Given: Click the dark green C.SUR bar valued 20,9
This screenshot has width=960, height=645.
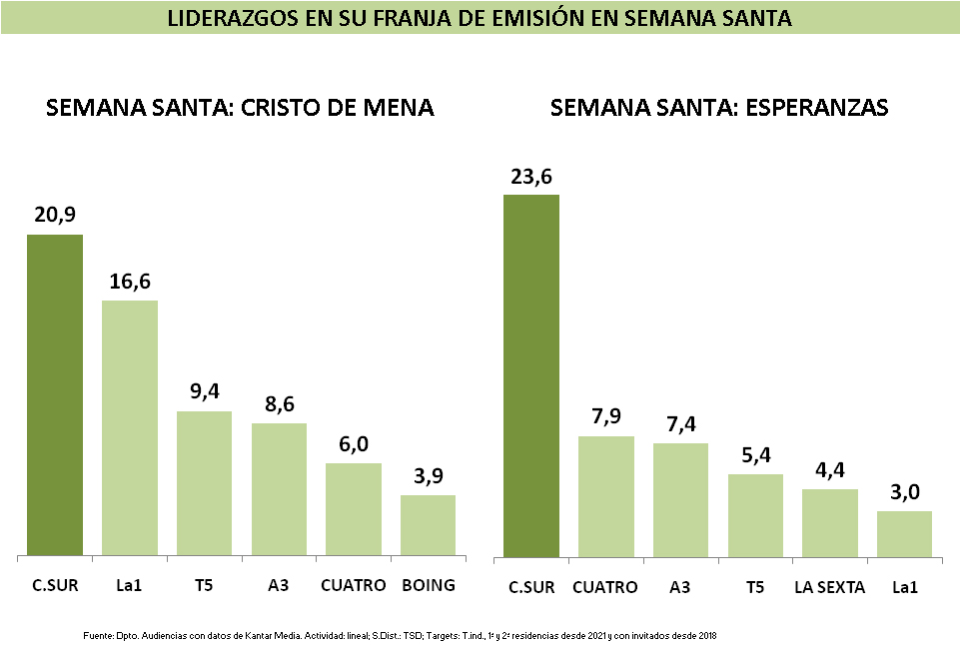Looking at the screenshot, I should (55, 394).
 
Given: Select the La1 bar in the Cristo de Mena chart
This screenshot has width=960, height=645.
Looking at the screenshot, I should (130, 427).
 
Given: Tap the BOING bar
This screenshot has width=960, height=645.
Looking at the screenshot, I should (428, 525).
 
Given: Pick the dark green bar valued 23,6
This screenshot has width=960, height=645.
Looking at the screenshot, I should (531, 374).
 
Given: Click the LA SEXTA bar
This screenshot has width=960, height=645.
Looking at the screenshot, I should (829, 522).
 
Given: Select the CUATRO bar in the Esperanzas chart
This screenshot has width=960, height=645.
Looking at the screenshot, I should (606, 495).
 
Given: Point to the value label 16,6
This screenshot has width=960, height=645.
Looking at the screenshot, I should (130, 283).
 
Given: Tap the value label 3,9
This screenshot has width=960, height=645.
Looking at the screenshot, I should (428, 477).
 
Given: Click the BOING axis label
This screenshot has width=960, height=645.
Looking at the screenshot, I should (428, 585).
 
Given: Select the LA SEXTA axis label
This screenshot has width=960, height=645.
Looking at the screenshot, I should (829, 587).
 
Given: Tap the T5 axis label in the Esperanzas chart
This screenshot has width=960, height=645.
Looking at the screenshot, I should (755, 587).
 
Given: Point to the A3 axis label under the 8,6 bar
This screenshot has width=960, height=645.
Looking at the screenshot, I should (279, 585).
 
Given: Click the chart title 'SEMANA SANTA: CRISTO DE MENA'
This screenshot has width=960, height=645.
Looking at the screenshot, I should (240, 108).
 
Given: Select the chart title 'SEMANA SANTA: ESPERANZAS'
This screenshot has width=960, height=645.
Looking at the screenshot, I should (719, 108).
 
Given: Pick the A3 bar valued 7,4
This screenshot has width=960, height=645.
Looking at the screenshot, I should (680, 499).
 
